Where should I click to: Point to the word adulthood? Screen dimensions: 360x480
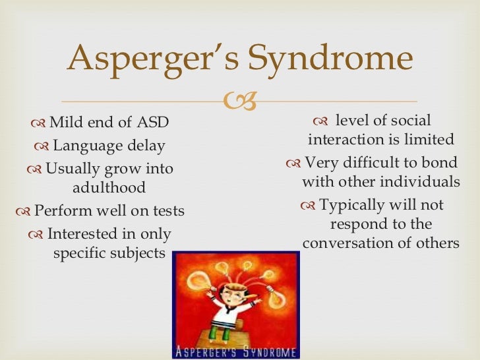pyautogui.click(x=109, y=188)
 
